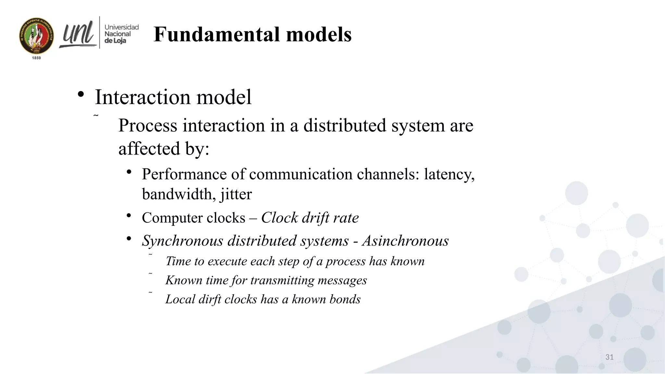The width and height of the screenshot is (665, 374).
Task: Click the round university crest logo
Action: pos(36,36)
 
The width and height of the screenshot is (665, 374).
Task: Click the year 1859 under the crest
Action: pos(36,58)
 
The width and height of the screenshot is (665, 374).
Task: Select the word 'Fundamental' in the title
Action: pos(217,34)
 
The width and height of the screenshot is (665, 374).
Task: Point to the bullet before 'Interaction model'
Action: pos(81,95)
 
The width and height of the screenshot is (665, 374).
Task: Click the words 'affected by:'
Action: pos(164,149)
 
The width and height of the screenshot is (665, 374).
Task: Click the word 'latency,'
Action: pos(449,174)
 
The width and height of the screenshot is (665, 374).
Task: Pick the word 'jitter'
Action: pos(236,194)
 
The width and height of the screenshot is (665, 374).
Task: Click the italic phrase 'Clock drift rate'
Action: pos(310,218)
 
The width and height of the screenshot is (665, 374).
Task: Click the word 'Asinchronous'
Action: pos(406,241)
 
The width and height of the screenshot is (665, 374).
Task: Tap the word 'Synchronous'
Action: pos(182,241)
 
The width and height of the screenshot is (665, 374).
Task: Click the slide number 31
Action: pos(609,357)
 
